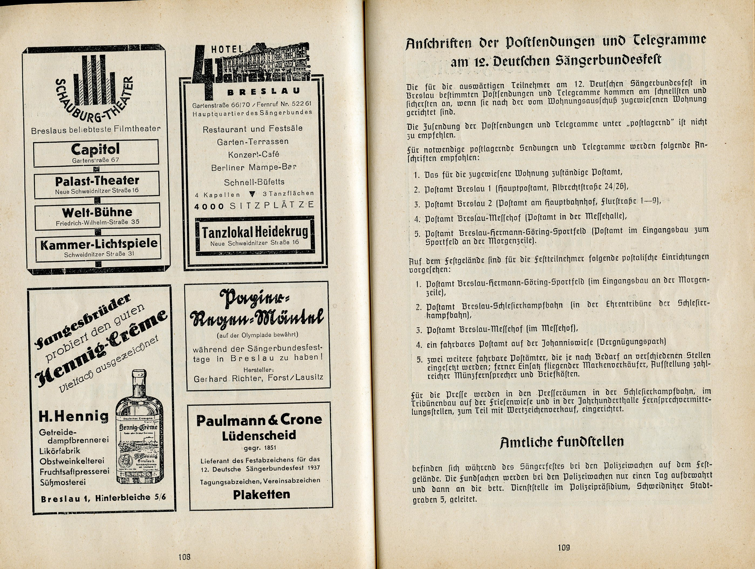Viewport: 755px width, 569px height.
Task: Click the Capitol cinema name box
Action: pos(96,153)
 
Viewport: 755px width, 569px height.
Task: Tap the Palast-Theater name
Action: pos(97,181)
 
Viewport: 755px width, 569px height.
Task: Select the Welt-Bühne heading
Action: pos(97,212)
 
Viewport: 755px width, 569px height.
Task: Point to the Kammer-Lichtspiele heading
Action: pos(99,244)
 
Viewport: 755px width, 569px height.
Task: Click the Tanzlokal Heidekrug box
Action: pos(255,234)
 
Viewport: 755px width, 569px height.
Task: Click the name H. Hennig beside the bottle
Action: pos(73,416)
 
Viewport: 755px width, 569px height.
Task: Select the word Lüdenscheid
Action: pos(259,435)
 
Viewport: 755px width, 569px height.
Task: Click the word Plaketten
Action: pos(261,494)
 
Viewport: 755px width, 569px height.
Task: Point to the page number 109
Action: pos(564,548)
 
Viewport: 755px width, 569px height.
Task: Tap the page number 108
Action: pos(184,557)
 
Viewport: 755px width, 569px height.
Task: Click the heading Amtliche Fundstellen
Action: pos(562,442)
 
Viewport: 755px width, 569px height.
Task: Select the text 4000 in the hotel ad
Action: pos(209,206)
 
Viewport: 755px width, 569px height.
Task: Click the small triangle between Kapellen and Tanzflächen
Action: pos(252,194)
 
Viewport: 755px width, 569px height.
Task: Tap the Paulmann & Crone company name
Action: pos(259,420)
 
